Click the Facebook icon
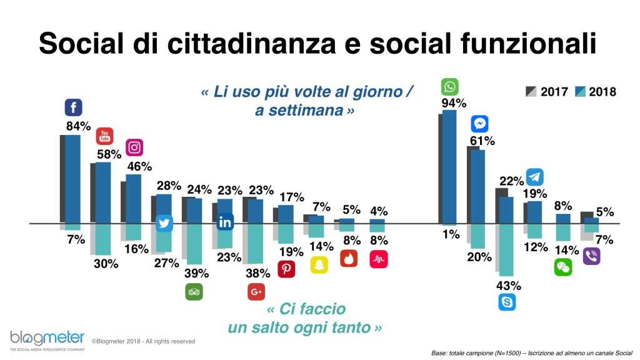74,107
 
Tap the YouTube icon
104,136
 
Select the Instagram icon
134,147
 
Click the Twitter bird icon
164,223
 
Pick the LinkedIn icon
224,222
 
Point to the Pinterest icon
287,269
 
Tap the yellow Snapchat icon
319,264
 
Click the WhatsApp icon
449,86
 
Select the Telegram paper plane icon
534,177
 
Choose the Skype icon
507,302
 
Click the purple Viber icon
591,256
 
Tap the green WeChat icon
562,267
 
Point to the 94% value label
454,103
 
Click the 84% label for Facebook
79,126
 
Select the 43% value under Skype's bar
509,286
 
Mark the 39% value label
195,273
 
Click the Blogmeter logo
47,341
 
